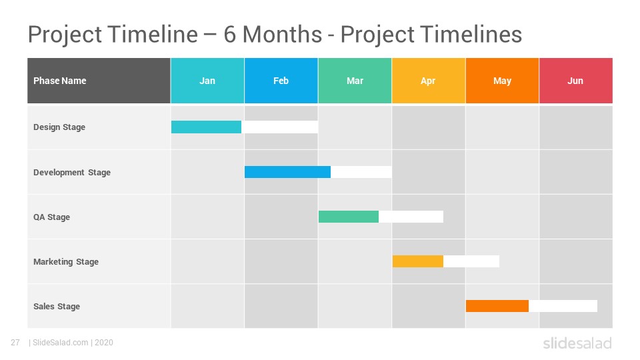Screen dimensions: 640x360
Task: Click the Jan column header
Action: [x=207, y=81]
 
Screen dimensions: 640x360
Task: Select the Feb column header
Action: [x=281, y=81]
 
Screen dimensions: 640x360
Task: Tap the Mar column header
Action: [x=355, y=81]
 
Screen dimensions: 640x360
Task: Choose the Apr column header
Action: [x=429, y=81]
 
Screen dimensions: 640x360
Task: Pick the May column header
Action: [x=502, y=81]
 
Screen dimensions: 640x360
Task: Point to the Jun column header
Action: [x=576, y=81]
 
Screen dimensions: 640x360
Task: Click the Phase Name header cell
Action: [x=99, y=81]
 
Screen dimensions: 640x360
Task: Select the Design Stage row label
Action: [x=59, y=127]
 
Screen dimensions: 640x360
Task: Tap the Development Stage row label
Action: [x=72, y=172]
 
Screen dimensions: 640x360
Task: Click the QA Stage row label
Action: [x=51, y=217]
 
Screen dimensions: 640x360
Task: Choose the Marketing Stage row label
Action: [x=66, y=261]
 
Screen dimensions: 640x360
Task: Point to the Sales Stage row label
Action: [x=56, y=306]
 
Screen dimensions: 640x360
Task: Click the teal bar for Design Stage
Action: [x=206, y=127]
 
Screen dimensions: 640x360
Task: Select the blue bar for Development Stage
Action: [x=288, y=172]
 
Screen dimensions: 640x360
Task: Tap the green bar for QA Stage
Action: [x=349, y=217]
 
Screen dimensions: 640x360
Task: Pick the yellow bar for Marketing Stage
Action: [x=418, y=261]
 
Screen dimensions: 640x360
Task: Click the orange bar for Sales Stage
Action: [x=497, y=306]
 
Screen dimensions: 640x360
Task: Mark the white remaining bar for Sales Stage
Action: [x=563, y=306]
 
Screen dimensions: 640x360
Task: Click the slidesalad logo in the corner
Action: [x=577, y=343]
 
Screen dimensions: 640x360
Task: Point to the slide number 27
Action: [x=15, y=343]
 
